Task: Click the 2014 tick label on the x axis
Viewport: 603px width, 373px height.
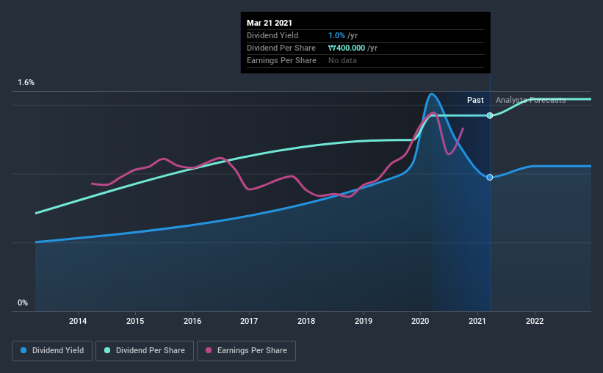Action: (x=78, y=321)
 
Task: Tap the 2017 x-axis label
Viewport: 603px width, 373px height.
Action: (x=249, y=321)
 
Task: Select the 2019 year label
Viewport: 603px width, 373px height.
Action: (x=363, y=321)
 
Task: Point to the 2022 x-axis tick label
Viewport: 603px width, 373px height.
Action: (x=535, y=321)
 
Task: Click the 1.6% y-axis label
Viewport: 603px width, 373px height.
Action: (x=26, y=83)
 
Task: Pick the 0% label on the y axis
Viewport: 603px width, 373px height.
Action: (x=23, y=303)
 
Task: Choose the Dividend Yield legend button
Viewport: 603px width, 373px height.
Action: (x=52, y=351)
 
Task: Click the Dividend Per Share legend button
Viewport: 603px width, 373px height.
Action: (x=149, y=351)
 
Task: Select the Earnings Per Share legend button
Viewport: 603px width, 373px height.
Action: (x=246, y=351)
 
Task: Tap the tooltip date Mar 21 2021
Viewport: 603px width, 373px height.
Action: (x=270, y=23)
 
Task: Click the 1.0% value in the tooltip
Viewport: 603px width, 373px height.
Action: (x=336, y=35)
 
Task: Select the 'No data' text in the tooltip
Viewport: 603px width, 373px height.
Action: (x=342, y=60)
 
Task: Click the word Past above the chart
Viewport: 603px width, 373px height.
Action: (x=475, y=100)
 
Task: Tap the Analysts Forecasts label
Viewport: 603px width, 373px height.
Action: (x=530, y=100)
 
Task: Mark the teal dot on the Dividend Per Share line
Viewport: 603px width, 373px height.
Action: (x=490, y=115)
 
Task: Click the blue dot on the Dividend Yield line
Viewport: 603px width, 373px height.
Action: (x=490, y=177)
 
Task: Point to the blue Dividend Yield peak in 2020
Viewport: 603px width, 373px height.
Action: (x=432, y=94)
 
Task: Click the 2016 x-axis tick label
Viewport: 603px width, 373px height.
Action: (x=192, y=321)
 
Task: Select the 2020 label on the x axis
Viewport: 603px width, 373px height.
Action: (x=420, y=321)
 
